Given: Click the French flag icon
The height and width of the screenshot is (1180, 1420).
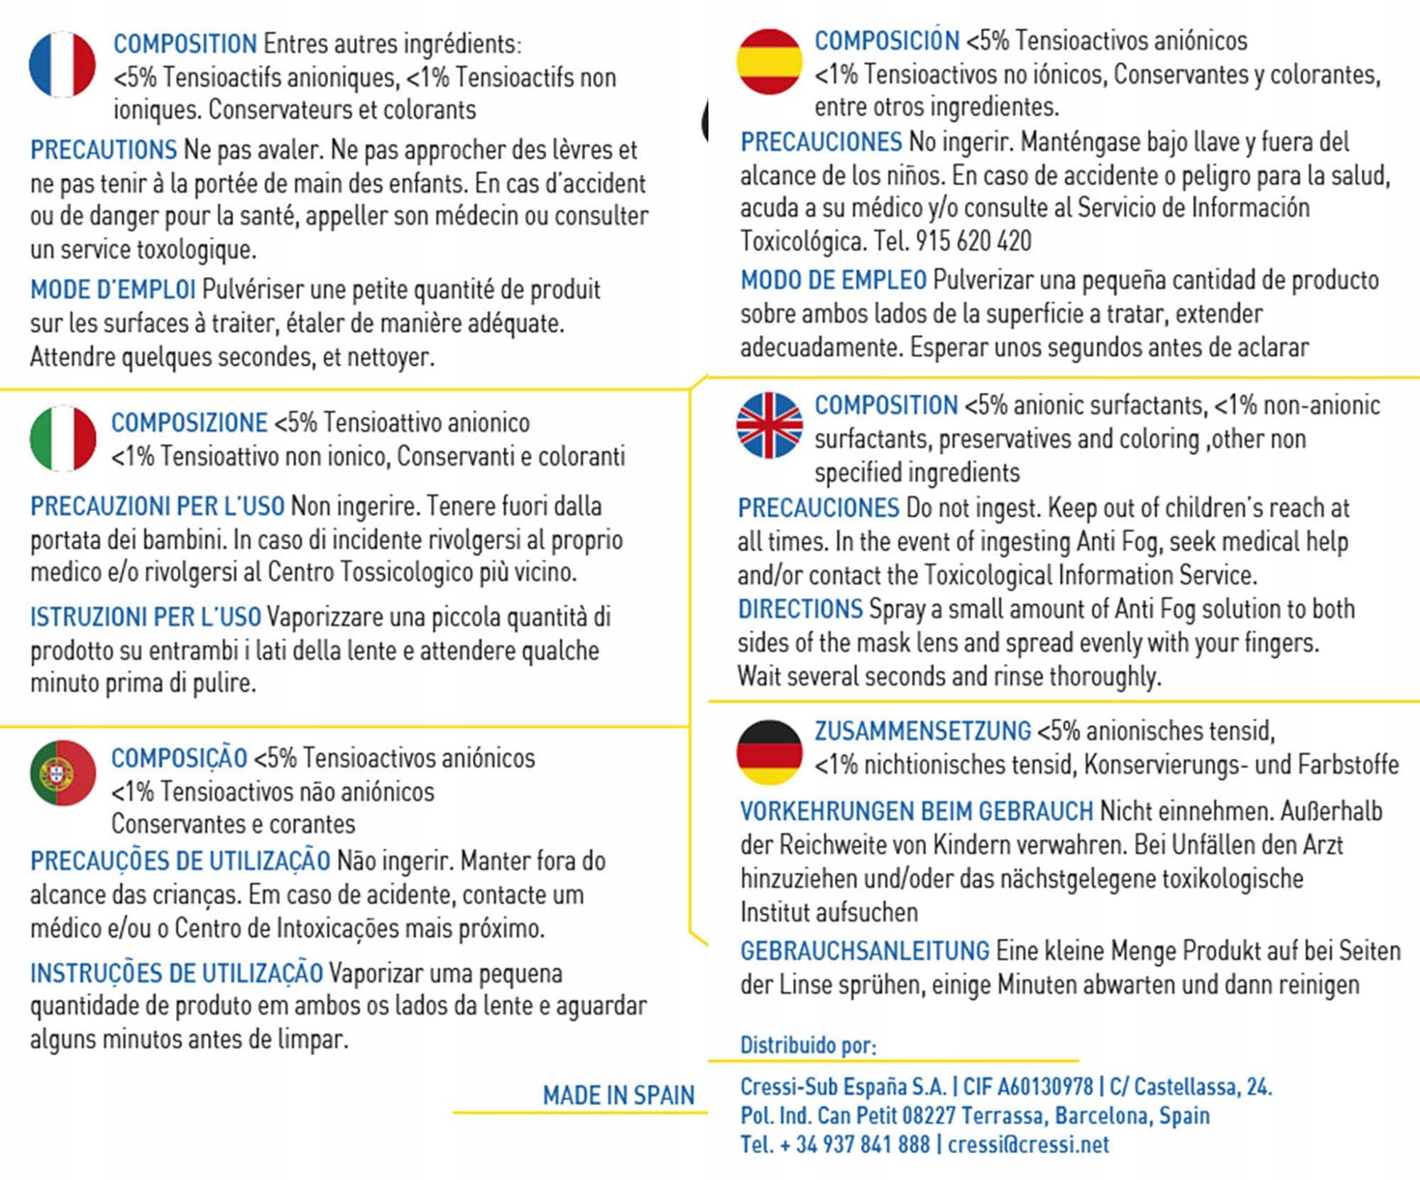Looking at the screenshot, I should tap(62, 64).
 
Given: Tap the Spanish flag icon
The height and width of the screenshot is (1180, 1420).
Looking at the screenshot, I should tap(770, 62).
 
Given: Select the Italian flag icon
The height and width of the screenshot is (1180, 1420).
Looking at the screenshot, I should tap(62, 439).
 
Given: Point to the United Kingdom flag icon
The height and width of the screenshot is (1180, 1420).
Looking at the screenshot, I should tap(770, 425).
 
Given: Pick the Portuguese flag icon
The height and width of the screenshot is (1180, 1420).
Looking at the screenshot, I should tap(62, 773).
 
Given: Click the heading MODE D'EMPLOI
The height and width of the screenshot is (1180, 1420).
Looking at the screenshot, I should tap(113, 290).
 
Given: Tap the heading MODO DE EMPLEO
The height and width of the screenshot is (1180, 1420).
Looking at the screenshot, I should tap(834, 280).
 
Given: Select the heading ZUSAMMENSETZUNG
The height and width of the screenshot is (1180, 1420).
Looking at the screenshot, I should tap(922, 731).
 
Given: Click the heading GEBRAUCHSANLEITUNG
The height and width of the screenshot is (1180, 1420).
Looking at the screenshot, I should tap(865, 951).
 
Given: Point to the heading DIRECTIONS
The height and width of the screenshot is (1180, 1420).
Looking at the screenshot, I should tap(800, 609).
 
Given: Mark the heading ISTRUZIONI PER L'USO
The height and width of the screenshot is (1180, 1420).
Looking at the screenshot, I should tap(146, 617).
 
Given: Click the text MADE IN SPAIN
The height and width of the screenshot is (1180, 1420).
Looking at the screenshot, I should tap(618, 1096).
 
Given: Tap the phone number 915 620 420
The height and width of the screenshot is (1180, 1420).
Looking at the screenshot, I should tap(973, 241).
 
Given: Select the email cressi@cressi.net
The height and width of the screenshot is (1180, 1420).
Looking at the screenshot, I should tap(1028, 1145).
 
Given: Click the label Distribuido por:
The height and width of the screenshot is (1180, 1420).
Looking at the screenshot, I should tap(808, 1045).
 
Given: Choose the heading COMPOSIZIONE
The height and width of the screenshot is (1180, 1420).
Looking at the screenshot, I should tap(190, 423).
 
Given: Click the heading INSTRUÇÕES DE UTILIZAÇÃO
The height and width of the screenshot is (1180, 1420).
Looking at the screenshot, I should tap(177, 973).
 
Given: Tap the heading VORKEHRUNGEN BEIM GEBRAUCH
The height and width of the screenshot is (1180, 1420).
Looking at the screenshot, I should tap(917, 812).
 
